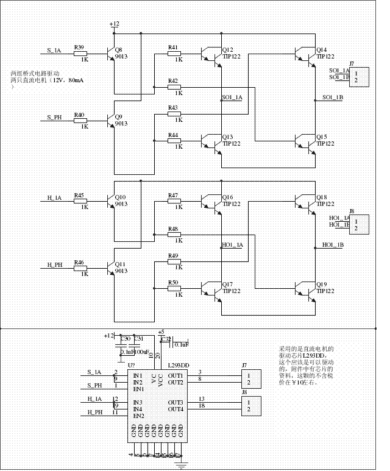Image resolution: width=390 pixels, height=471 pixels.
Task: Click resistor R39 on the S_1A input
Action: pos(80,54)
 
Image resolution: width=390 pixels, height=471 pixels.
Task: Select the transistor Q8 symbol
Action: pos(110,54)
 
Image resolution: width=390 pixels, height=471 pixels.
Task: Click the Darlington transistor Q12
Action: pos(212,54)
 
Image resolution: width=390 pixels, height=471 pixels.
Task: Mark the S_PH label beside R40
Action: pos(54,117)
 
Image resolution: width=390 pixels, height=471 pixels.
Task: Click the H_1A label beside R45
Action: pos(54,198)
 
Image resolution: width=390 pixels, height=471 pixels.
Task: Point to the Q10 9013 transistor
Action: pos(110,202)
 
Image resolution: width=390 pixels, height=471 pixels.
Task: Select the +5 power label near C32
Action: pos(161,332)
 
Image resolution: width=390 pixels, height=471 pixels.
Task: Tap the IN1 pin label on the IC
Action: pos(138,375)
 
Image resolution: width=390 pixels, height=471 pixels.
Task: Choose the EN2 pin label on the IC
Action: pos(139,416)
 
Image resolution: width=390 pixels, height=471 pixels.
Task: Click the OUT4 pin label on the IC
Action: pos(176,409)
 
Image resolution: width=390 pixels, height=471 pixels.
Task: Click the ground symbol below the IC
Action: pos(180,466)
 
